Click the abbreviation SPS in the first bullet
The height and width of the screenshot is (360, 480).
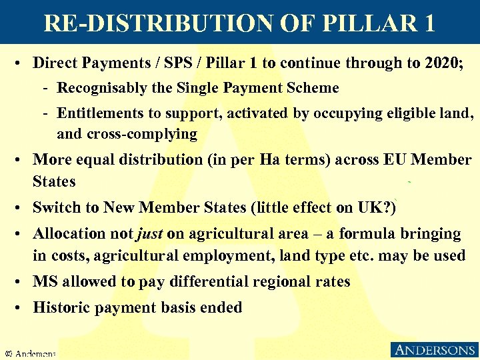(170, 63)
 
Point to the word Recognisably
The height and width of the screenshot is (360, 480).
(100, 88)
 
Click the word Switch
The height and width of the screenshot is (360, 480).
(54, 207)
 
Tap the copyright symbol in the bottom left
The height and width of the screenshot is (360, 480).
(9, 353)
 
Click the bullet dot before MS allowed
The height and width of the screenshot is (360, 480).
(22, 281)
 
